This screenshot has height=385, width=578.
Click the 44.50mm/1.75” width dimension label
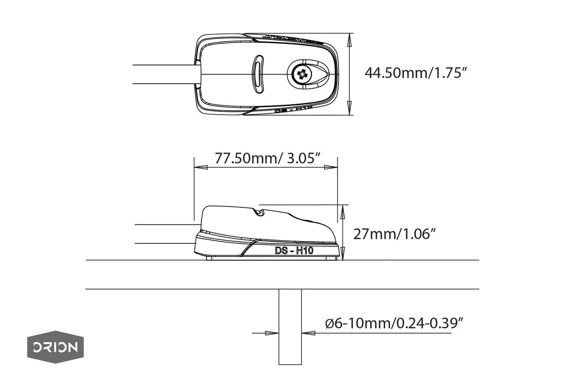416,73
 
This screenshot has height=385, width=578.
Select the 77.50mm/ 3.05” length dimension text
268,159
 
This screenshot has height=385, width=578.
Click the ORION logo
55,347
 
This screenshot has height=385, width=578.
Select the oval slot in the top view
258,74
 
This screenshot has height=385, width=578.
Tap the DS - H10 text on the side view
294,251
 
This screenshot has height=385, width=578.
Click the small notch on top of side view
260,212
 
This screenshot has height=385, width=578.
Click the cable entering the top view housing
164,74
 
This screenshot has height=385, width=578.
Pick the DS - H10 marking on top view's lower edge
294,110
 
